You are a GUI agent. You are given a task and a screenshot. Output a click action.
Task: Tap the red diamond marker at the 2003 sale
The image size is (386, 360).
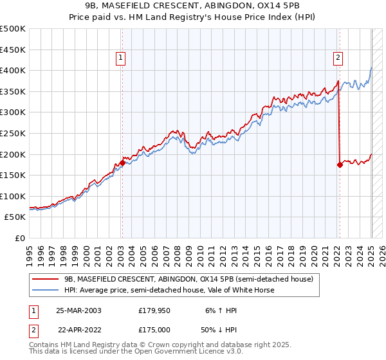[122, 163]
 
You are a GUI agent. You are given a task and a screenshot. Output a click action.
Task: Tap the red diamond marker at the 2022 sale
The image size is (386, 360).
[339, 165]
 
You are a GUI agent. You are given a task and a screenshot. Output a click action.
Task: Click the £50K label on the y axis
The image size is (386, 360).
[15, 217]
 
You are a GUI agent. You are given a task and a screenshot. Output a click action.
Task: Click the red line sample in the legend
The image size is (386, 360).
[46, 279]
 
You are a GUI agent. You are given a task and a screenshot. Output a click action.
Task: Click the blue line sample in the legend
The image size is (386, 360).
[46, 290]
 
